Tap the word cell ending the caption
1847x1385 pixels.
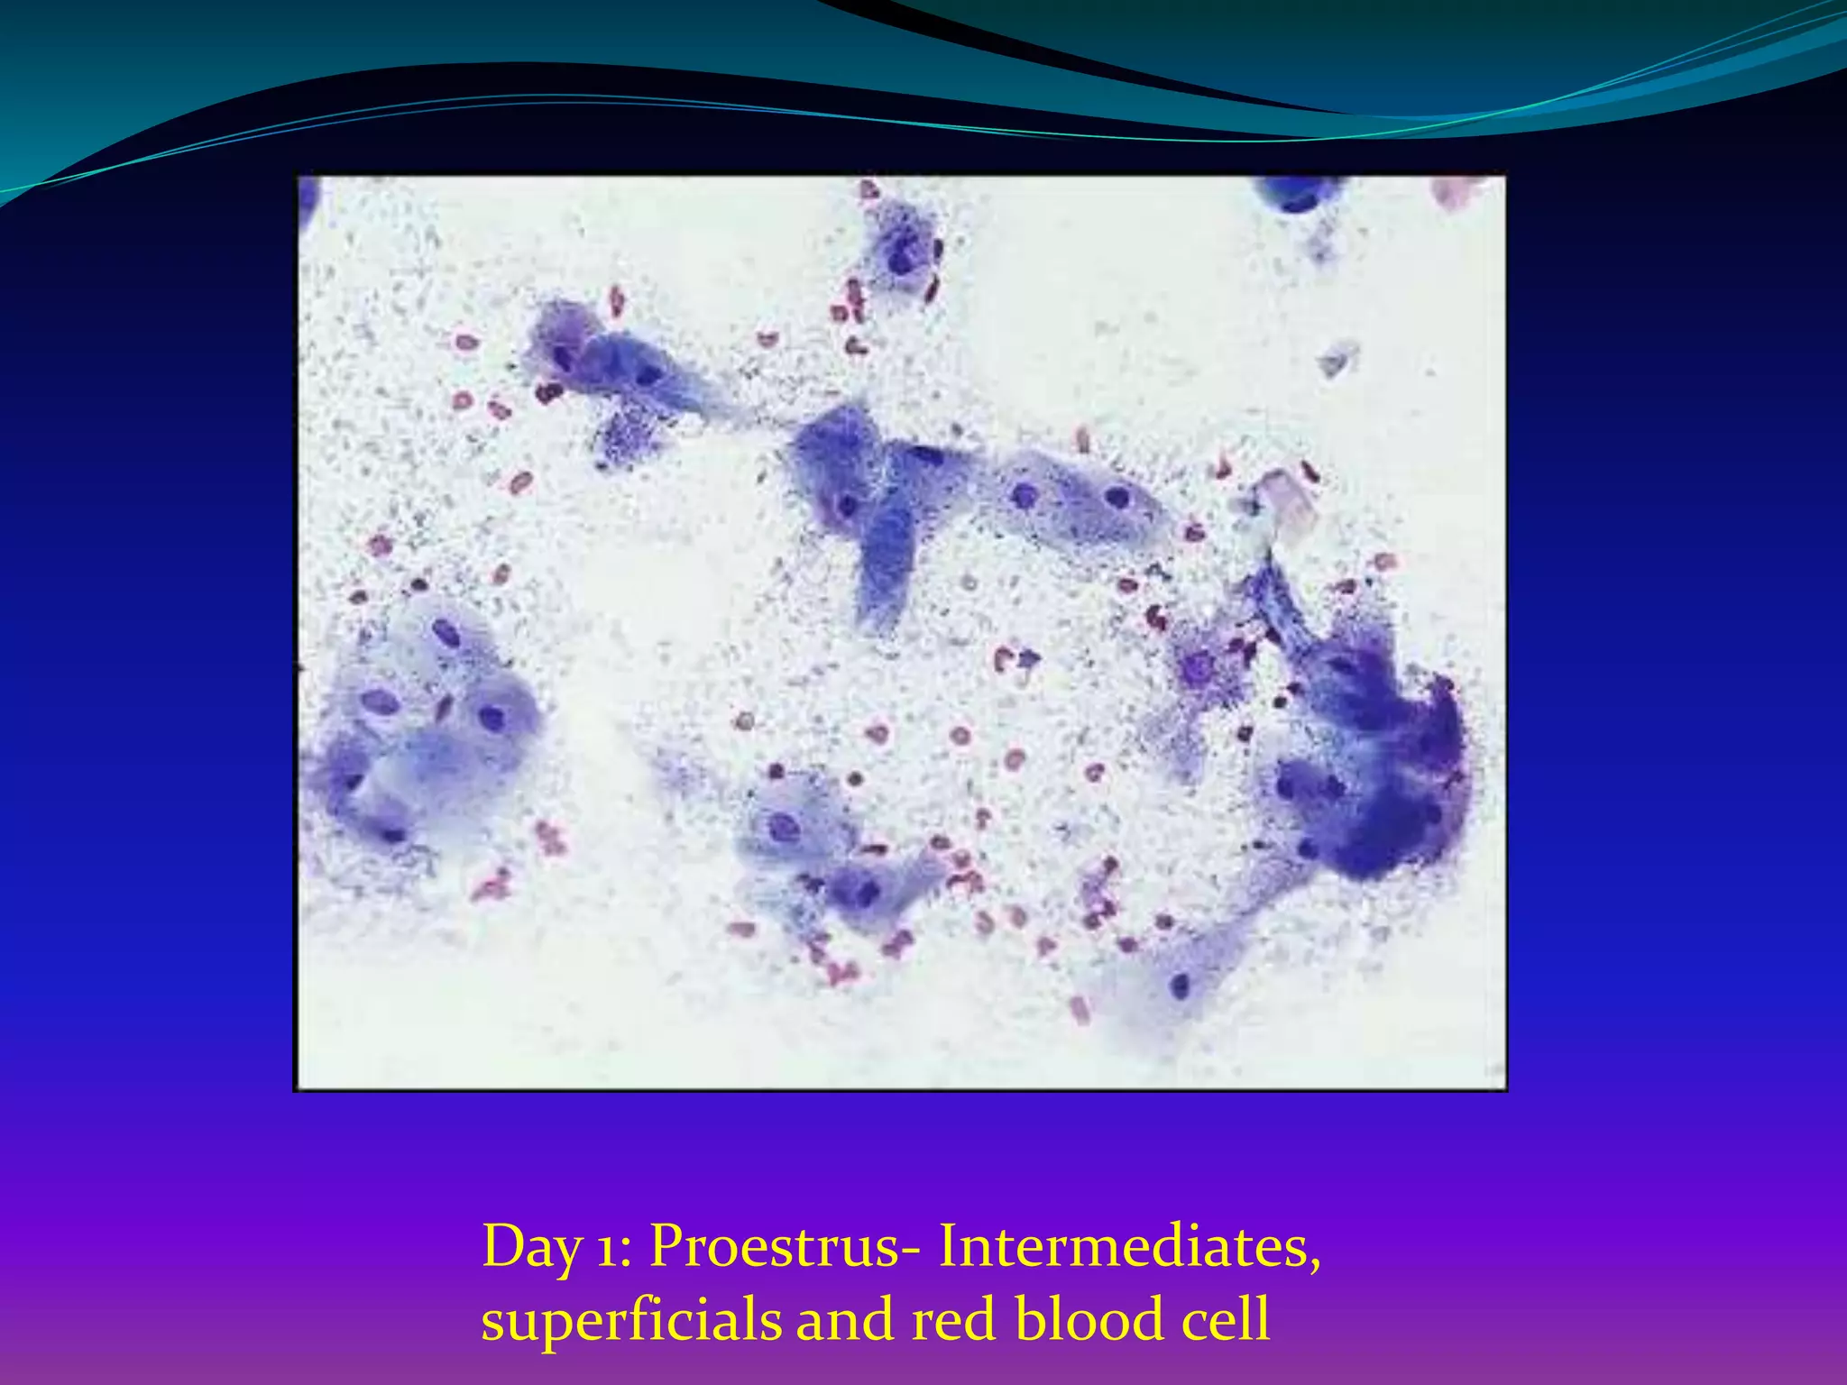click(x=1226, y=1319)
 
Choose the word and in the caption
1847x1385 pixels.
click(x=843, y=1319)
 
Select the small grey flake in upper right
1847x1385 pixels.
click(x=1337, y=358)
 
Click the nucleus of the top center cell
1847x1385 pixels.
click(x=901, y=261)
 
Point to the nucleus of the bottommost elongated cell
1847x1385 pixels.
click(x=1180, y=985)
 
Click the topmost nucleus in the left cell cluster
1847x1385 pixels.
click(x=446, y=633)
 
